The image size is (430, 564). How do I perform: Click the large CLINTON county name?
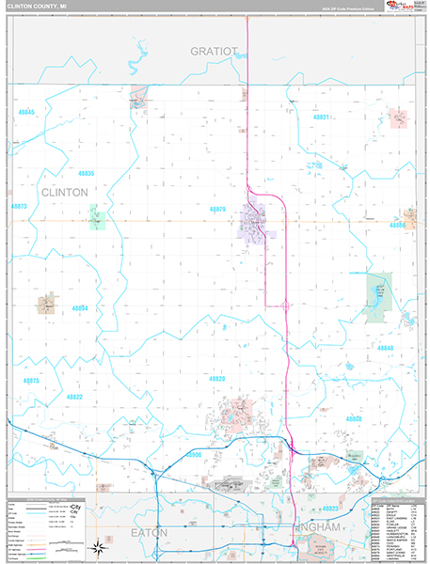point(64,192)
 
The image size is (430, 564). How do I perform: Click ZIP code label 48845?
point(26,113)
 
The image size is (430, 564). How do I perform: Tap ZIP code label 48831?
point(322,117)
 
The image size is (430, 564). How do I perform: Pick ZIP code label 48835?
point(87,174)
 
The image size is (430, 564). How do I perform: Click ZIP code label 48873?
point(19,206)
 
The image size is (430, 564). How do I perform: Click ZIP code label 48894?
point(80,308)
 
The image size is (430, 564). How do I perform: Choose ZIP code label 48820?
point(217,379)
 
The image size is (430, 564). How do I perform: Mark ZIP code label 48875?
point(31,381)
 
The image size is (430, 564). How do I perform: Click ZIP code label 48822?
point(74,398)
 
